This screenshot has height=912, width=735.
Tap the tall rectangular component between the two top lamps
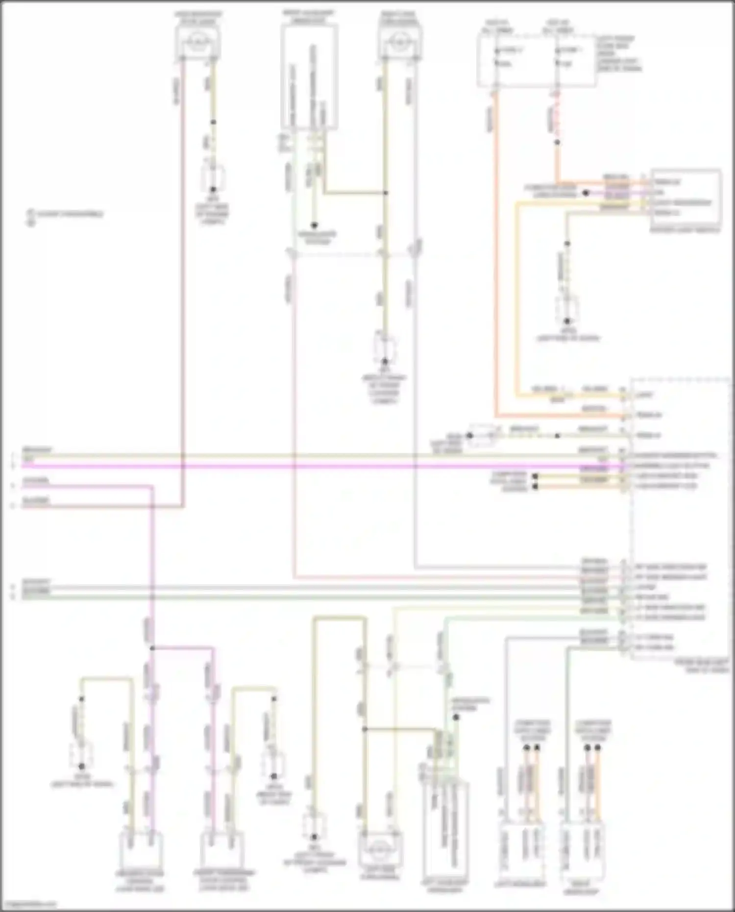pyautogui.click(x=309, y=76)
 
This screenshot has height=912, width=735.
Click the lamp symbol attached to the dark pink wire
pyautogui.click(x=198, y=42)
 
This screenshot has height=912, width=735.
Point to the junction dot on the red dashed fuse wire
pyautogui.click(x=557, y=143)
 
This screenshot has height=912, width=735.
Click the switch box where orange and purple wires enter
pyautogui.click(x=686, y=198)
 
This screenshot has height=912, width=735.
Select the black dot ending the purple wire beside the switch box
pyautogui.click(x=585, y=193)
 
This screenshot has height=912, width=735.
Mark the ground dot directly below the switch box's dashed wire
pyautogui.click(x=567, y=321)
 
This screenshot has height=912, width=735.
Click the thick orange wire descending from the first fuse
pyautogui.click(x=496, y=245)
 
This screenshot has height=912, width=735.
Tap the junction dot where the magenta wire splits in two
pyautogui.click(x=152, y=648)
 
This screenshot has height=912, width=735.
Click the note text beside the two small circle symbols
pyautogui.click(x=69, y=214)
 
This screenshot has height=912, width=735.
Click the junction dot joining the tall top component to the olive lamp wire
pyautogui.click(x=386, y=193)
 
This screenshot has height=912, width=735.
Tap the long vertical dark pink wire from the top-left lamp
pyautogui.click(x=183, y=294)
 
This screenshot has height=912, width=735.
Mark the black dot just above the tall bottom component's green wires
pyautogui.click(x=456, y=717)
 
